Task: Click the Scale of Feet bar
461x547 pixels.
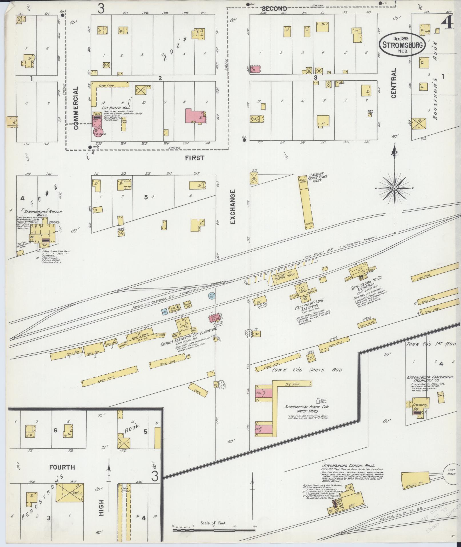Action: (214, 530)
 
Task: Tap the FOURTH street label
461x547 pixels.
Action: (62, 467)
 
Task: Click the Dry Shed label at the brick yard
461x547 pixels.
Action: (292, 384)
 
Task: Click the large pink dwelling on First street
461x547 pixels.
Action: (195, 116)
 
